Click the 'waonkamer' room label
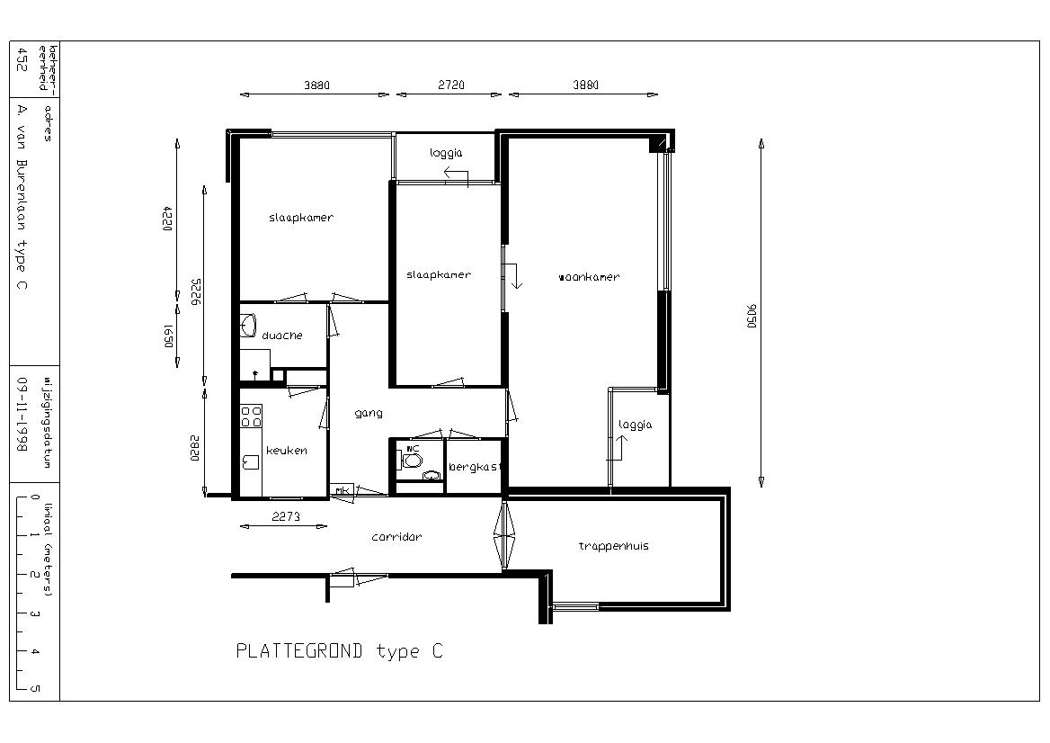pos(589,277)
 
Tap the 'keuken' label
pos(287,451)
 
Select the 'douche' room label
pos(282,335)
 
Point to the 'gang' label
pos(369,414)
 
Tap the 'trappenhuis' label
pos(613,546)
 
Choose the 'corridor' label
pos(396,537)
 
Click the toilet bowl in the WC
pos(412,461)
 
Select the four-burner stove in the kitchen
pos(251,416)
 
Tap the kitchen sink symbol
pos(251,461)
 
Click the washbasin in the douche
pos(248,325)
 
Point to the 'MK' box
pos(342,490)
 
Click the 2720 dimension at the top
pos(450,85)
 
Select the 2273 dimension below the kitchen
pos(286,516)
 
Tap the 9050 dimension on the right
pos(752,316)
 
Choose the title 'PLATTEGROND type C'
pos(340,650)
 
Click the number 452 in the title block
pos(22,59)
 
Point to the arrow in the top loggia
pos(456,175)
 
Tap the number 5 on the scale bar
pos(35,688)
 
